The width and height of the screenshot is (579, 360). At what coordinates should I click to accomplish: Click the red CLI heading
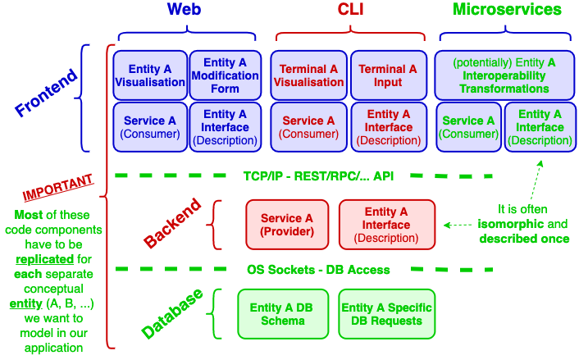point(351,10)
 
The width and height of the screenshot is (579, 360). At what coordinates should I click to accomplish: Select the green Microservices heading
point(508,10)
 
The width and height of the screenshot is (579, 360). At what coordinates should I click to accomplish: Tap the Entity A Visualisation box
point(150,75)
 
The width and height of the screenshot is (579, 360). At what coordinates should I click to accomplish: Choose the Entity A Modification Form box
point(225,75)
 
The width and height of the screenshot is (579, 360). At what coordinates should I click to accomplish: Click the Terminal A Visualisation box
point(309,75)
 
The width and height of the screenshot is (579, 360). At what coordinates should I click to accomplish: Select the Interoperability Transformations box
point(504,75)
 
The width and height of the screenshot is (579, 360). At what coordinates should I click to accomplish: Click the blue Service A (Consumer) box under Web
point(150,127)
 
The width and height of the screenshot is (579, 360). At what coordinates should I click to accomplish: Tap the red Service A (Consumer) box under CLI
point(309,127)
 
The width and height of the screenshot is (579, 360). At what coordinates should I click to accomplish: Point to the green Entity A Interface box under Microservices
point(539,127)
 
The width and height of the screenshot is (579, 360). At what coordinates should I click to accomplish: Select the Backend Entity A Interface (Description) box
point(386,225)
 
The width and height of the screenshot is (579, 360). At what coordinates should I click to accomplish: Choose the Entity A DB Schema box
point(281,314)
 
